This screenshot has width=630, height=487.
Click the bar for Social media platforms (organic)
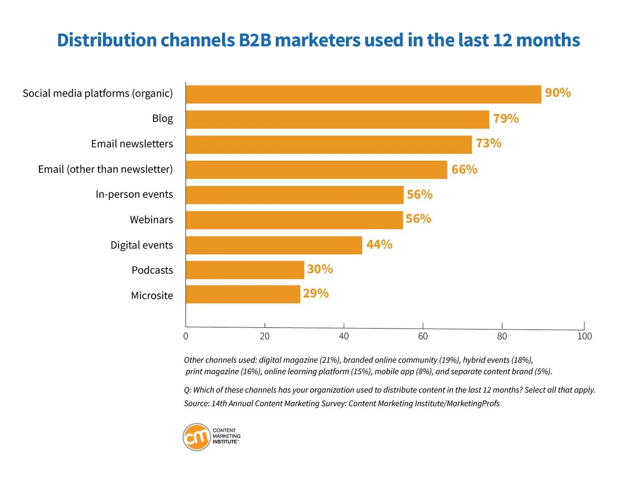[363, 94]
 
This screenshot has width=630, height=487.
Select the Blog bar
[337, 120]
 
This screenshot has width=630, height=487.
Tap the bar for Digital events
[274, 245]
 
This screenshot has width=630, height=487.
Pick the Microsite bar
[243, 294]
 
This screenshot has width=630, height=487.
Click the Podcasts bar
[245, 270]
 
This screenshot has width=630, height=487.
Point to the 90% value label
[558, 93]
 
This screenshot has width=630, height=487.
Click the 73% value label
[488, 144]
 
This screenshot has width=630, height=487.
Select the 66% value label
[464, 170]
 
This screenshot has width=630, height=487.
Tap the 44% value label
[379, 244]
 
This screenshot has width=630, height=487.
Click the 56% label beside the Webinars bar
[418, 219]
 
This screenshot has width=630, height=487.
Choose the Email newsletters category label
[132, 144]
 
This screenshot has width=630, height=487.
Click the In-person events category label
[134, 194]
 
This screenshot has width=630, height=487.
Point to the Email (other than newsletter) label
[105, 169]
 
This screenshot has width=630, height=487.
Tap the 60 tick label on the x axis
[423, 336]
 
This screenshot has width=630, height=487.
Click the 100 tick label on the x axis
[584, 336]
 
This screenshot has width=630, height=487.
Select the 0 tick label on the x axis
[186, 336]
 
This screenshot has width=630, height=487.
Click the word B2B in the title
[255, 40]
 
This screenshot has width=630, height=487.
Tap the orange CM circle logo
[196, 437]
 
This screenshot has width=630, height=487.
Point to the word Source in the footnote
[196, 404]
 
